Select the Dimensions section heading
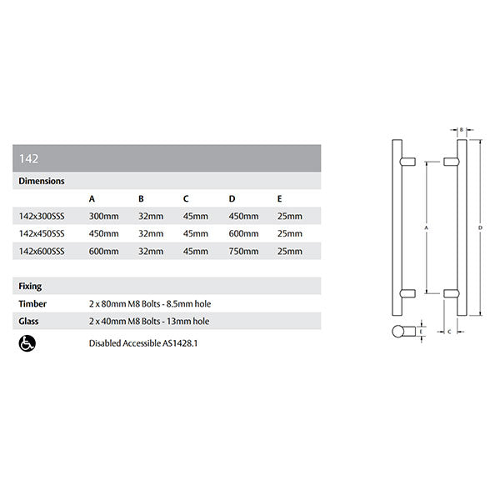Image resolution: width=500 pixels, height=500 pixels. pyautogui.click(x=41, y=180)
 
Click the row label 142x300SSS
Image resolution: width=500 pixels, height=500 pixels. pyautogui.click(x=42, y=216)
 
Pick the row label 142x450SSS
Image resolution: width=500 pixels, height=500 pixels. pyautogui.click(x=42, y=233)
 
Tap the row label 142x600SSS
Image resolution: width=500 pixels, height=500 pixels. pyautogui.click(x=42, y=251)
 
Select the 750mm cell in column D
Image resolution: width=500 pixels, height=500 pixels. pyautogui.click(x=242, y=251)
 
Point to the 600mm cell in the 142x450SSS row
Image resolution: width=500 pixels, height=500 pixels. pyautogui.click(x=242, y=233)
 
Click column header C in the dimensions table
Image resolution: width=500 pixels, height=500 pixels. pyautogui.click(x=186, y=198)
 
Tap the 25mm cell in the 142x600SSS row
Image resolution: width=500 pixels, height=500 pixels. pyautogui.click(x=289, y=251)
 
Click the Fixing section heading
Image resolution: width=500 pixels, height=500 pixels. pyautogui.click(x=30, y=286)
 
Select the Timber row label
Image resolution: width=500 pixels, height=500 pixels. pyautogui.click(x=32, y=304)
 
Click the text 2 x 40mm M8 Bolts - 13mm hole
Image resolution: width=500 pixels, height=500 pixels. pyautogui.click(x=148, y=321)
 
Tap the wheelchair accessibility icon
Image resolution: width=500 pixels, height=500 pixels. pyautogui.click(x=25, y=342)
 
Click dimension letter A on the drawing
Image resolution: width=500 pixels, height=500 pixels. pyautogui.click(x=427, y=227)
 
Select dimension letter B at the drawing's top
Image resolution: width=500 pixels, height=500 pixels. pyautogui.click(x=462, y=130)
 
